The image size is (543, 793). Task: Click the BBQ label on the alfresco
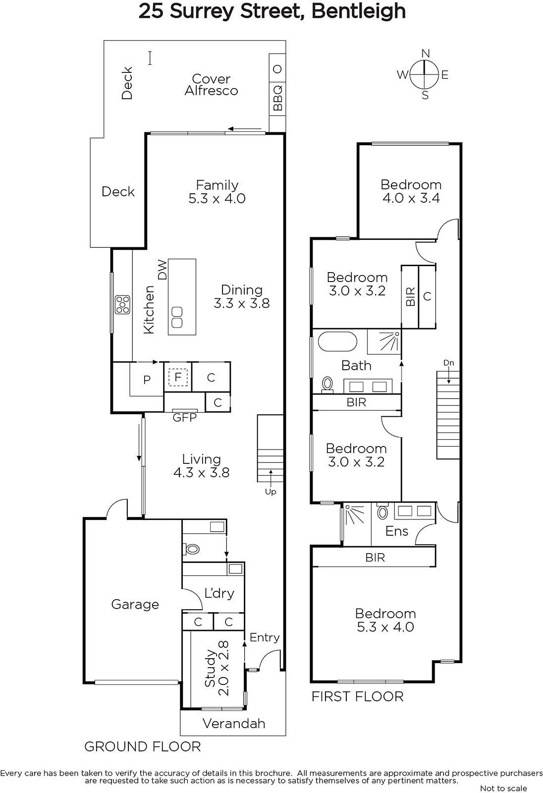tap(278, 98)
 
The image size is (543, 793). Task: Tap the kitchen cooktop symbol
tap(122, 304)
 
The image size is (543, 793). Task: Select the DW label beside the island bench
tap(162, 270)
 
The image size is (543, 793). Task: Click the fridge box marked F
tap(178, 377)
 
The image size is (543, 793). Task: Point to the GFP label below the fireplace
tap(184, 418)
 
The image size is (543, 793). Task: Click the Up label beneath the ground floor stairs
tap(271, 492)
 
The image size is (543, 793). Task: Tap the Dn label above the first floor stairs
tap(448, 363)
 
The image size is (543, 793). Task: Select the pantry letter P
tap(147, 380)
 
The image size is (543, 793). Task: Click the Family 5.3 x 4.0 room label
tap(217, 191)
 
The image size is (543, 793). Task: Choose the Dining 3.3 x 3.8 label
tap(242, 296)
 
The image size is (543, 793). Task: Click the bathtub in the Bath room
tap(337, 341)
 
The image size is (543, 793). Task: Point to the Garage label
tap(135, 605)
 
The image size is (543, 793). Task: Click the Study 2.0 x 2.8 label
tap(217, 668)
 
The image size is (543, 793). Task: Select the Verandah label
tap(234, 723)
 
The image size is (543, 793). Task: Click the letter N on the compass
tap(426, 54)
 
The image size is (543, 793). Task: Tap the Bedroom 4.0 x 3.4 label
tap(411, 191)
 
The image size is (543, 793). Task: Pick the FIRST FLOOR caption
tap(358, 697)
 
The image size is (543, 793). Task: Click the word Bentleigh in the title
tap(358, 11)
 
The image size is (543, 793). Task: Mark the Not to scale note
tap(503, 789)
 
